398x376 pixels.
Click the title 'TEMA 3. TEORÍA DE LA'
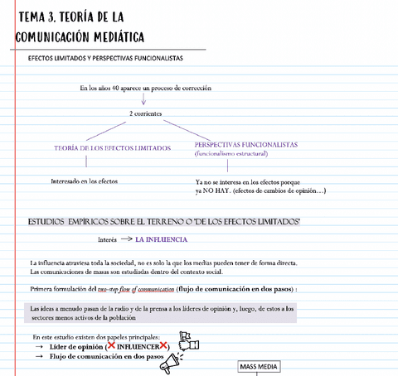pyautogui.click(x=70, y=17)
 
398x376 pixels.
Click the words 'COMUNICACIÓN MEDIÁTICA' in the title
pyautogui.click(x=80, y=37)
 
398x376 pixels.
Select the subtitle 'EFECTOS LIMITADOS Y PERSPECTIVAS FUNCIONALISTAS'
pyautogui.click(x=105, y=59)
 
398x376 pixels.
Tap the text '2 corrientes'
pyautogui.click(x=146, y=113)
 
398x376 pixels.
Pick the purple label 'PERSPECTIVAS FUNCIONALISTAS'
pyautogui.click(x=246, y=144)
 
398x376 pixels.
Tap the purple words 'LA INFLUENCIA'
pyautogui.click(x=161, y=239)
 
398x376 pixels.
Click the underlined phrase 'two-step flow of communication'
pyautogui.click(x=135, y=289)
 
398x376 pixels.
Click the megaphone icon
pyautogui.click(x=172, y=359)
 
